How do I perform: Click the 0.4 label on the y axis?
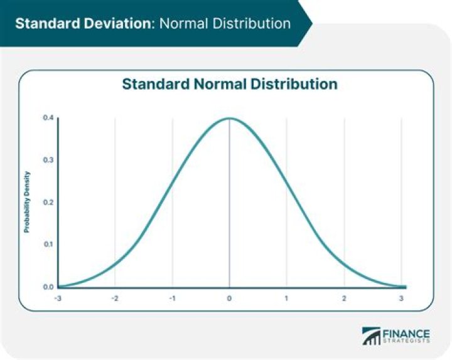48,117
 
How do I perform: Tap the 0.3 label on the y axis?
48,160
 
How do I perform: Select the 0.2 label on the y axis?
48,203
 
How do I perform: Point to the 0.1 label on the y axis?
48,245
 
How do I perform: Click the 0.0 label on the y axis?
48,287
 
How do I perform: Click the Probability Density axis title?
27,202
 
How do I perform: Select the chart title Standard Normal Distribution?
229,84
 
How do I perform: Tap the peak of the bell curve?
229,118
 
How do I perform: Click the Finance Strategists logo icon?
373,336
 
